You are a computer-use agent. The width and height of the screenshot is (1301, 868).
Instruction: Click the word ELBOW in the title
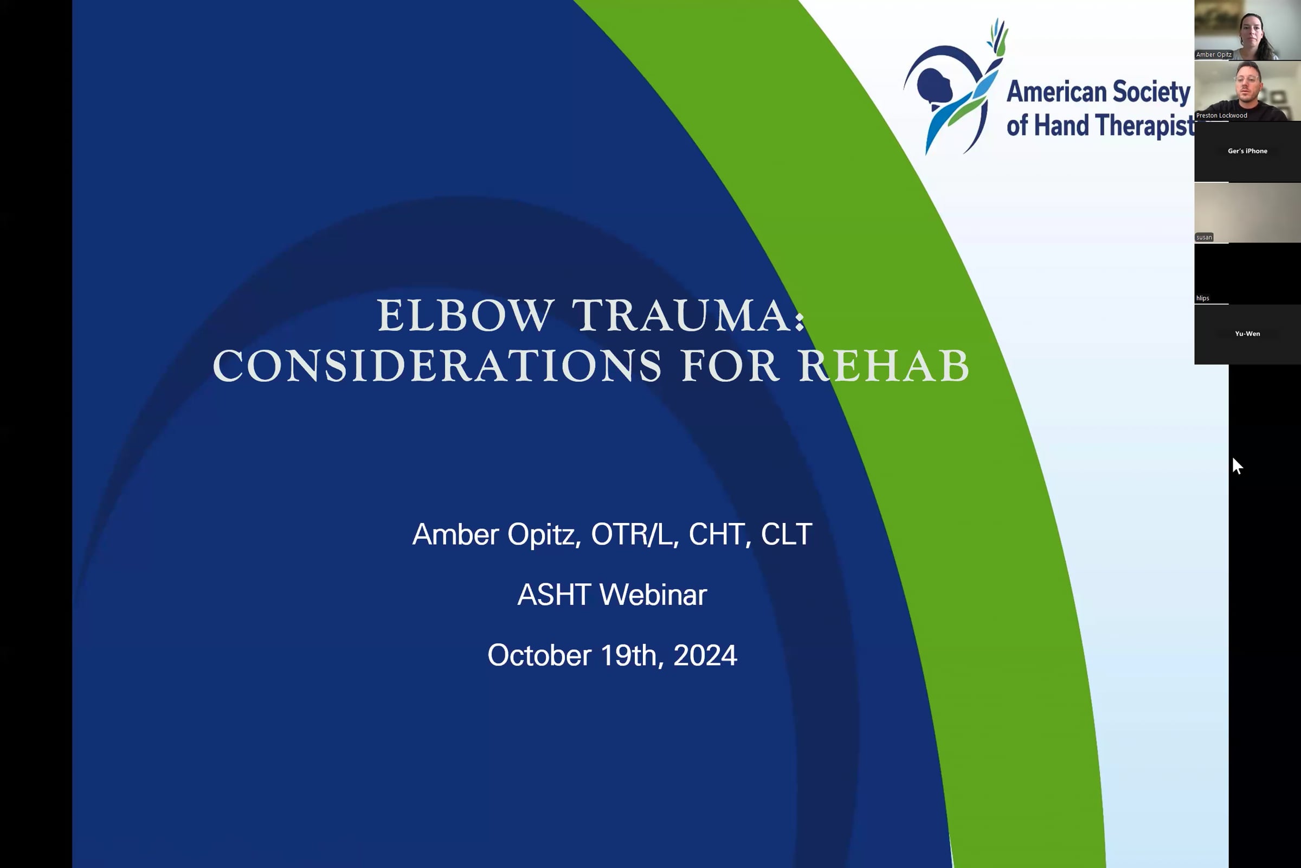point(465,316)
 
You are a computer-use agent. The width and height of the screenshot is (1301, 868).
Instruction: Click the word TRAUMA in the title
point(682,316)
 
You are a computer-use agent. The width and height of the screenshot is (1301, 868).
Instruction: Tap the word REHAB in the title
point(884,366)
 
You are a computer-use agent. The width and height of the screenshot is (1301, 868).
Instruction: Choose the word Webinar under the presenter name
point(653,595)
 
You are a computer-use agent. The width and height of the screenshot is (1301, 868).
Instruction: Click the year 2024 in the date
point(705,655)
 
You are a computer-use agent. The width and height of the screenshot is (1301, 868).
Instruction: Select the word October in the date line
point(539,655)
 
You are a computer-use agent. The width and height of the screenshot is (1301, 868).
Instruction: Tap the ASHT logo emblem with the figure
point(955,86)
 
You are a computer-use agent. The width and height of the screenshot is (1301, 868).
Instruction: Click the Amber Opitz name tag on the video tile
point(1214,54)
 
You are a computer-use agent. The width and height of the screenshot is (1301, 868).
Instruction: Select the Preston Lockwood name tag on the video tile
point(1221,115)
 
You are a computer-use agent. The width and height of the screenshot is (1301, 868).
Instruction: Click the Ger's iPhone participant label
point(1247,151)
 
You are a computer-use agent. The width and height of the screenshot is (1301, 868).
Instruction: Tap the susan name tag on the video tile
point(1204,237)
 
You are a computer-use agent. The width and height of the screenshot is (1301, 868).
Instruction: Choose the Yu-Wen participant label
point(1247,333)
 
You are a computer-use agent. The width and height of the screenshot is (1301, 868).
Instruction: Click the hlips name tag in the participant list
point(1202,298)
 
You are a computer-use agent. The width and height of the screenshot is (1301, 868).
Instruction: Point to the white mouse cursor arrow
point(1238,466)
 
